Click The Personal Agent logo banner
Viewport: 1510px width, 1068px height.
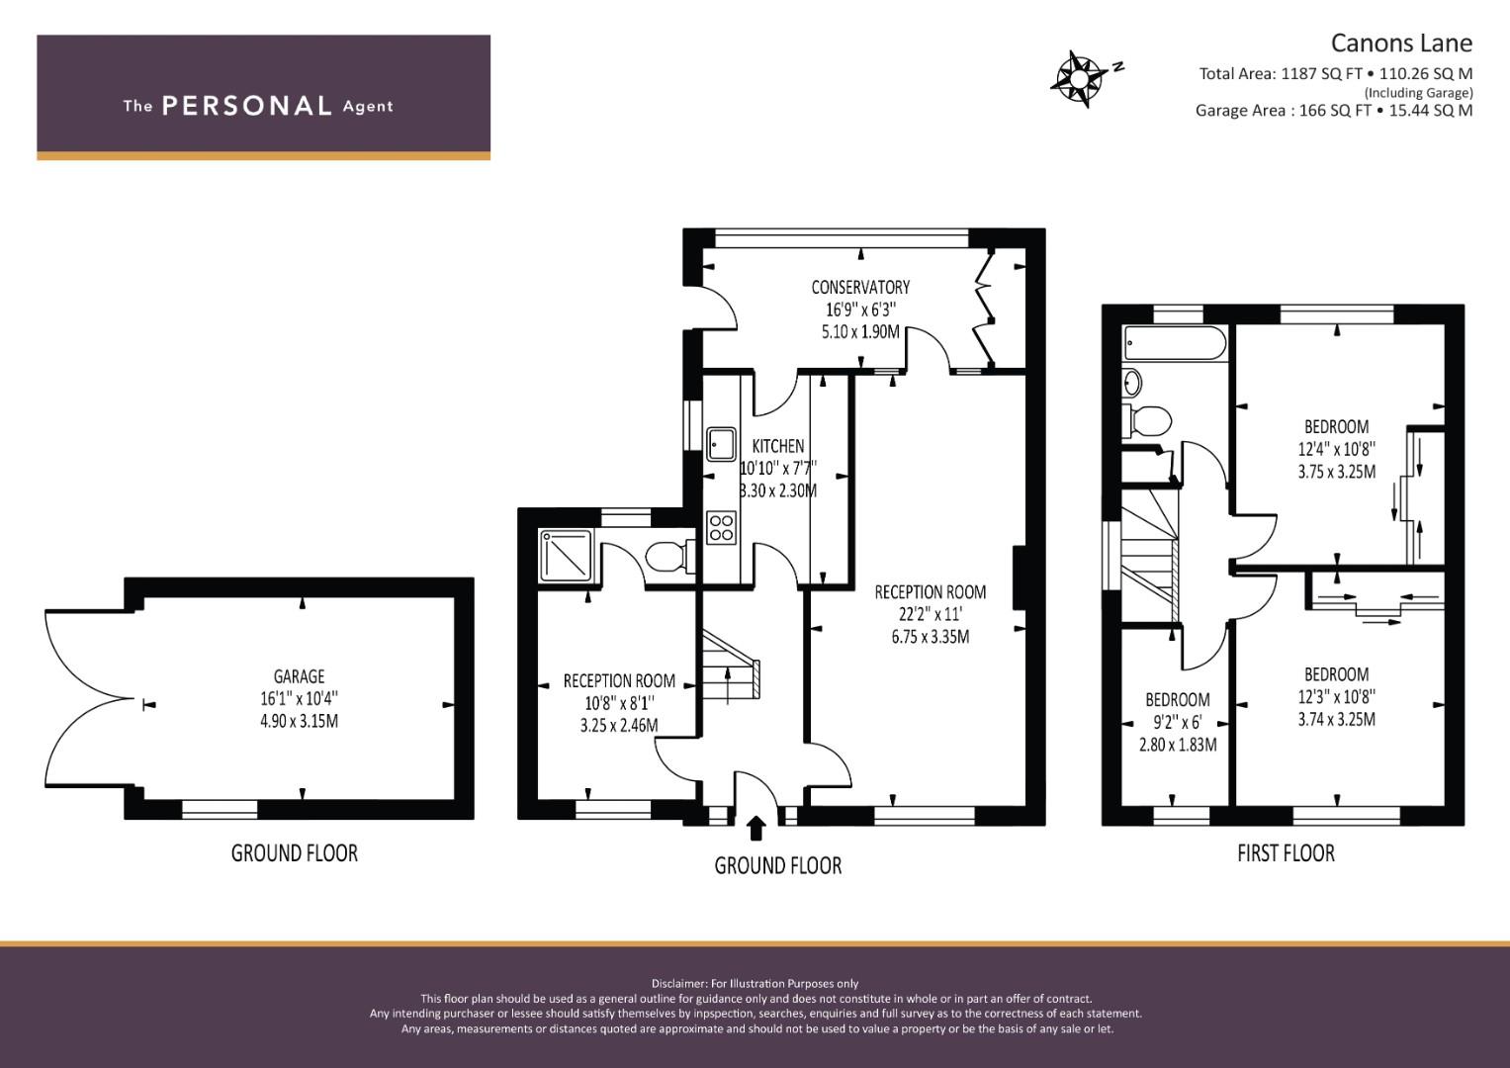pos(263,97)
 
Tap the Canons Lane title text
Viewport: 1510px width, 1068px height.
pos(1400,43)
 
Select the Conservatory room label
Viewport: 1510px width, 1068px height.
pos(860,287)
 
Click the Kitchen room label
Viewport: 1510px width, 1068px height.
pos(777,446)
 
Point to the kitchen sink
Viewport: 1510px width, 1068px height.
pos(723,445)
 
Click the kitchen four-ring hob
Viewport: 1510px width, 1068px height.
pos(722,526)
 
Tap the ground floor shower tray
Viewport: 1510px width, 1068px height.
pos(566,555)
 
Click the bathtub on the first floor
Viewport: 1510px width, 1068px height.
pos(1175,344)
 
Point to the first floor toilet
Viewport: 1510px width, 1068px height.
pos(1149,420)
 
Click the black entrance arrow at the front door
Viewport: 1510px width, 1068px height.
pos(756,827)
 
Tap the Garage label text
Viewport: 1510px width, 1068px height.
pos(299,676)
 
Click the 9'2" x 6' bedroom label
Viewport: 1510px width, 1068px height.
pos(1177,722)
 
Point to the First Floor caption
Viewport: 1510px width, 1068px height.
pos(1286,852)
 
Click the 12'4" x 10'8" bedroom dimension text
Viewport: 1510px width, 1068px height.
pos(1336,449)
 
